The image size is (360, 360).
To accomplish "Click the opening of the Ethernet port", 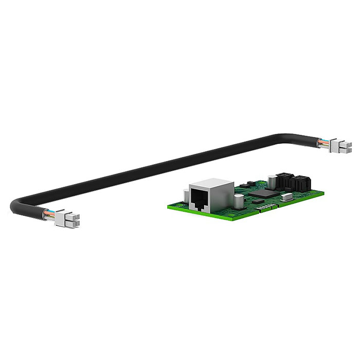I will pyautogui.click(x=199, y=199).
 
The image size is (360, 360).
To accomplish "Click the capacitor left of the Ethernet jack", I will pyautogui.click(x=185, y=196).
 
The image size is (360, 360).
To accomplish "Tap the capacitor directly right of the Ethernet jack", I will pyautogui.click(x=238, y=201).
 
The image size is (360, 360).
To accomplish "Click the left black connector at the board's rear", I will pyautogui.click(x=283, y=180).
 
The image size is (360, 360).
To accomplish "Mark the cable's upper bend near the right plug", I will pyautogui.click(x=288, y=136).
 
